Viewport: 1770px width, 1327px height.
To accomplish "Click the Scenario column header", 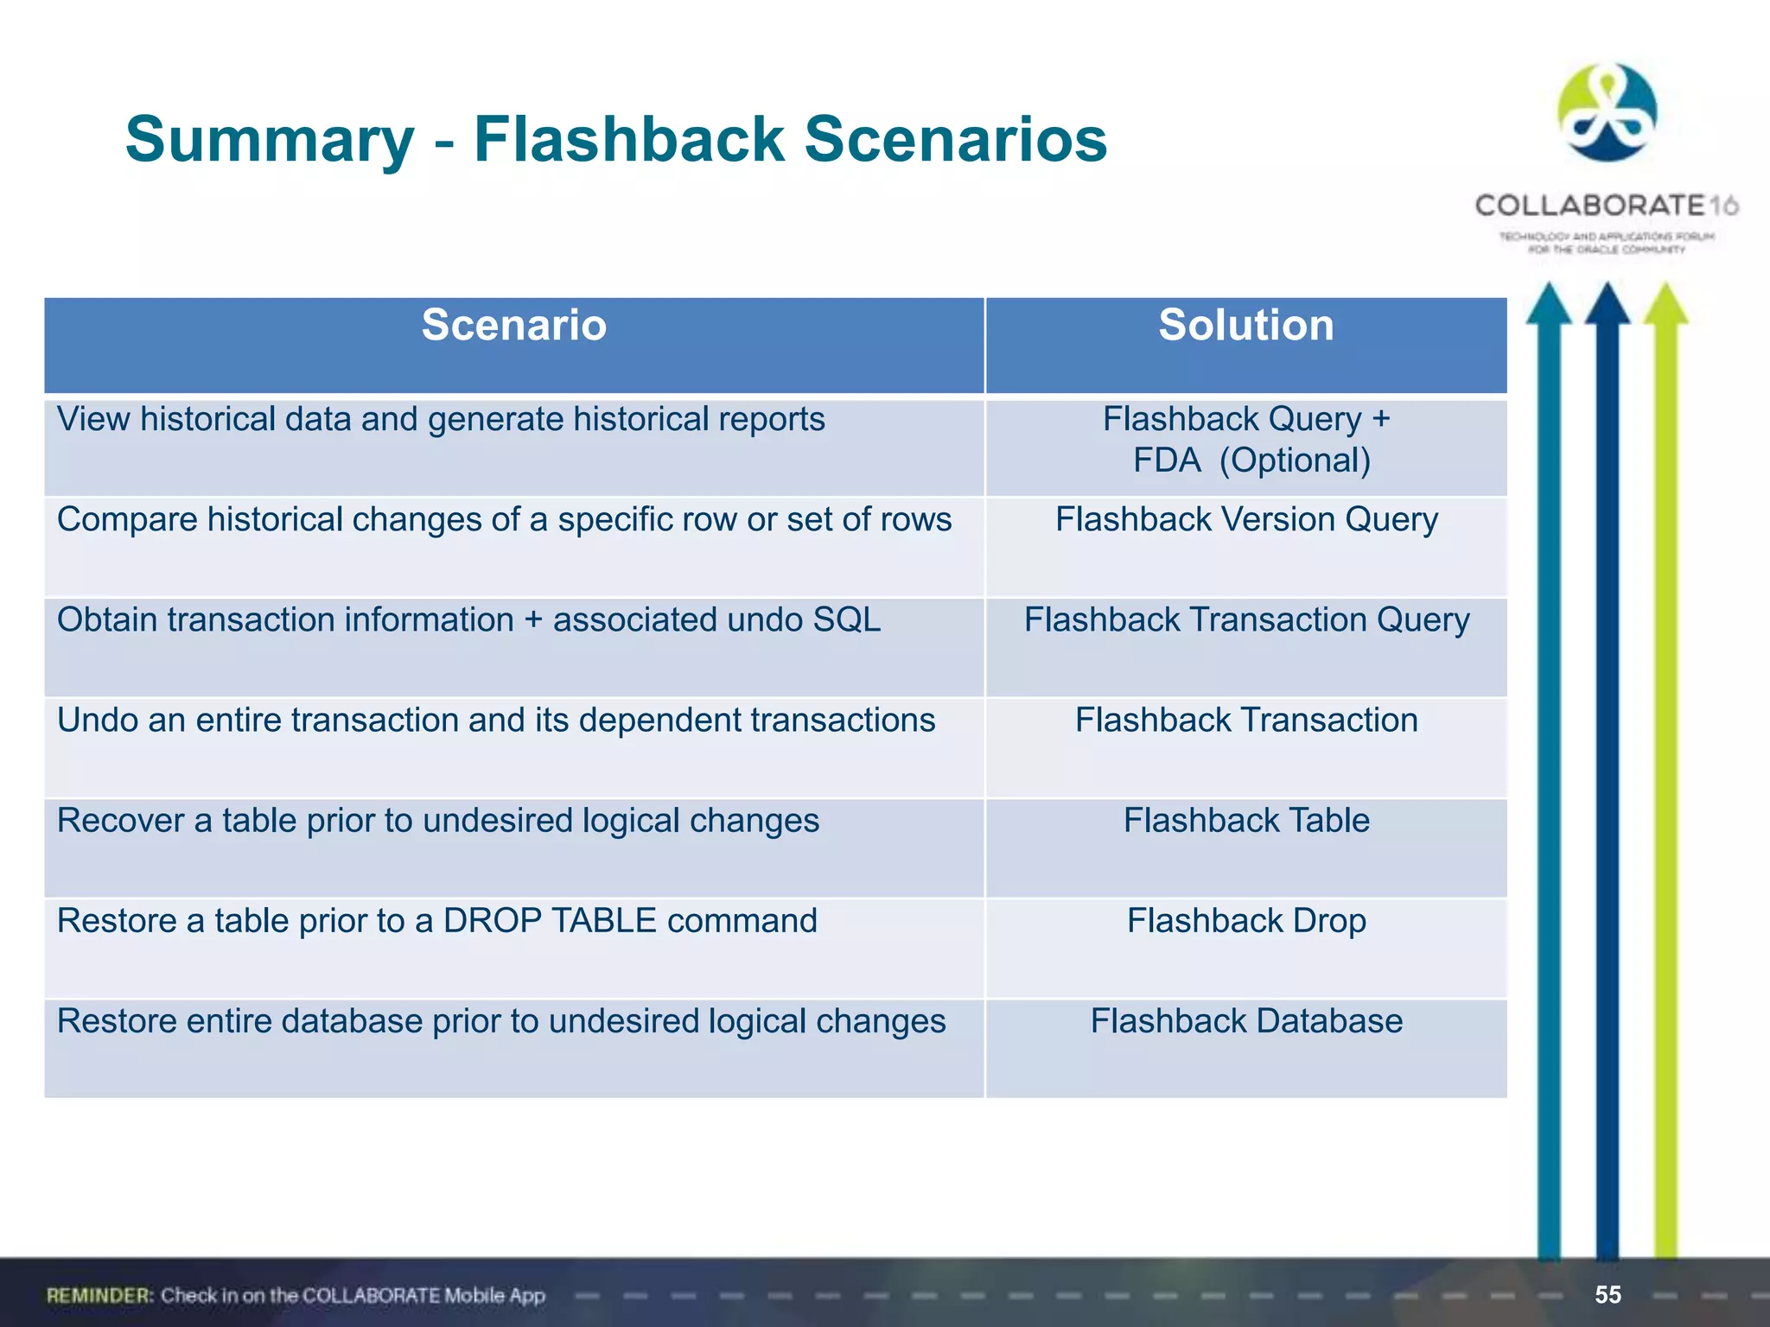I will click(x=514, y=327).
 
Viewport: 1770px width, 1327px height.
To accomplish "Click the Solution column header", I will click(x=1245, y=327).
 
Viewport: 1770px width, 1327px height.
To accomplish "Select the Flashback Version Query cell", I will click(x=1246, y=520).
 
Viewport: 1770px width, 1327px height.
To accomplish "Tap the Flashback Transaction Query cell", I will click(x=1246, y=620).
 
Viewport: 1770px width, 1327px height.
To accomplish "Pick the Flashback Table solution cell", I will click(x=1246, y=821).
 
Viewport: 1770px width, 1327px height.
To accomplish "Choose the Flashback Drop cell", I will click(x=1246, y=921).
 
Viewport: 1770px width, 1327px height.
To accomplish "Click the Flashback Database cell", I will click(x=1246, y=1021).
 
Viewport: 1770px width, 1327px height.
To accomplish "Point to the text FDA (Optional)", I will click(x=1251, y=460).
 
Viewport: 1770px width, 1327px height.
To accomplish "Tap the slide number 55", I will click(x=1608, y=1294).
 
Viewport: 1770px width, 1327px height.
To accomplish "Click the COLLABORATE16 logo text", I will click(x=1606, y=206).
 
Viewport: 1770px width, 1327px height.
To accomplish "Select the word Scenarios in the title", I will click(x=955, y=140).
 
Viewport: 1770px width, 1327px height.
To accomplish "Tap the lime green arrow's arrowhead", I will click(x=1665, y=304).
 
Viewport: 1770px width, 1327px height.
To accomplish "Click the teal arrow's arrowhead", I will click(x=1549, y=304).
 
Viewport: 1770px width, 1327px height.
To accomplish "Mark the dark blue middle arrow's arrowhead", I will click(x=1607, y=304).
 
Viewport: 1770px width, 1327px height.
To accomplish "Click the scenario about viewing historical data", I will click(x=441, y=420).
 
